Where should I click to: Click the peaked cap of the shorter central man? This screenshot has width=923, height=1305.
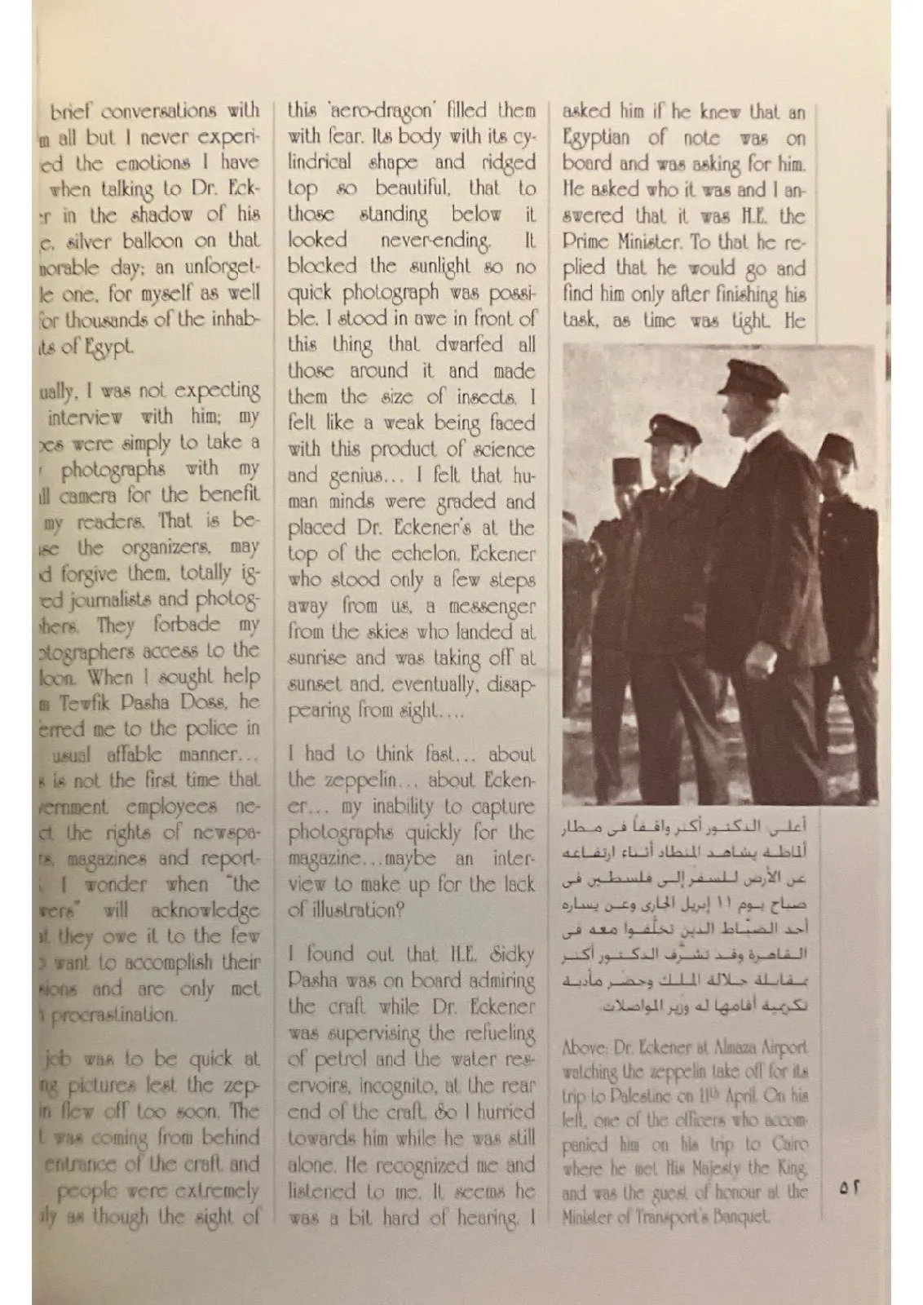(666, 429)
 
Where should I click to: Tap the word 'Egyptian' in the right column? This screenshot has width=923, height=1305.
(597, 137)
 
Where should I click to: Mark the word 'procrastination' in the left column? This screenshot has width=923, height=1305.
(113, 1015)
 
